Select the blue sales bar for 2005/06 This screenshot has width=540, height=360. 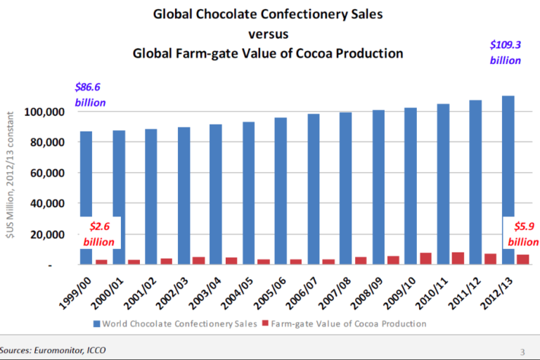point(281,190)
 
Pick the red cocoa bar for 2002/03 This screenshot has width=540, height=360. point(199,260)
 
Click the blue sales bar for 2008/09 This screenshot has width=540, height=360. point(378,186)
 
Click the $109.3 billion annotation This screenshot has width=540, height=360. point(506,53)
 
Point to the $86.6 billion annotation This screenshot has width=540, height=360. point(91,95)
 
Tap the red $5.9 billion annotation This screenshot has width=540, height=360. point(522,234)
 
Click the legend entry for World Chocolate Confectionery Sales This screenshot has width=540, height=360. point(176,324)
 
